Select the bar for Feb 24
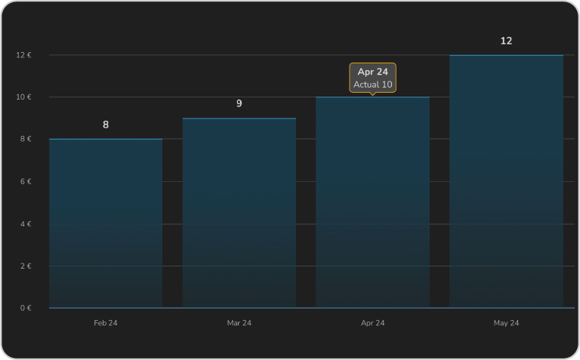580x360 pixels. (106, 223)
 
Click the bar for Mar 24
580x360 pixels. (239, 213)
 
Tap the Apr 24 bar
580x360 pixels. (372, 202)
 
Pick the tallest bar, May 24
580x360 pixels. (506, 181)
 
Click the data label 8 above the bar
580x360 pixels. (106, 125)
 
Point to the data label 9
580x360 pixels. (239, 103)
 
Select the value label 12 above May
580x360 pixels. (506, 41)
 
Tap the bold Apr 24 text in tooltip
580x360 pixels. (372, 72)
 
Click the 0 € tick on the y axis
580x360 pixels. (24, 308)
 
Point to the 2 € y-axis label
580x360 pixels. (24, 266)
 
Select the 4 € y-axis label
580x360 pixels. (24, 224)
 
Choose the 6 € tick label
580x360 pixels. (24, 182)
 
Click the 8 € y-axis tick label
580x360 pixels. (24, 139)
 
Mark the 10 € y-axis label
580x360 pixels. (23, 97)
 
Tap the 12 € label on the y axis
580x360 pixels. (23, 55)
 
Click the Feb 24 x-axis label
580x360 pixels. (106, 323)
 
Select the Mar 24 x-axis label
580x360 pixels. (239, 323)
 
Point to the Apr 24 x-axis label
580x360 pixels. (372, 323)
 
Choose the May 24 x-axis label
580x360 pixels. (506, 323)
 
